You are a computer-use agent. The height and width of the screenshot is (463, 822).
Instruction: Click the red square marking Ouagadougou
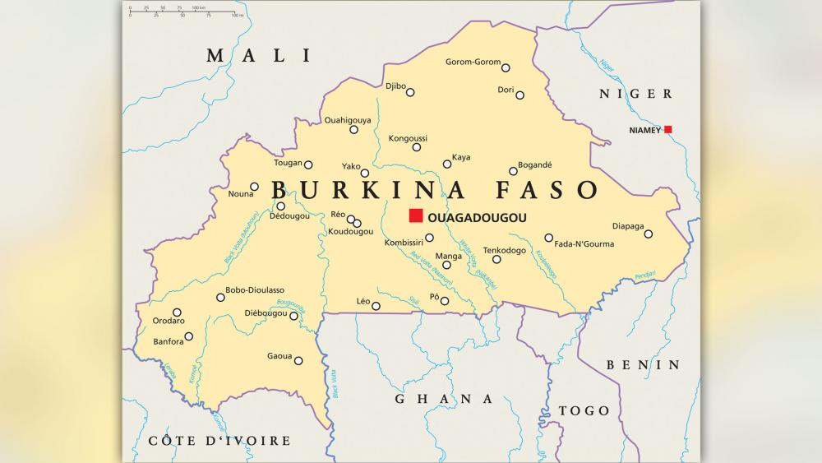pos(416,216)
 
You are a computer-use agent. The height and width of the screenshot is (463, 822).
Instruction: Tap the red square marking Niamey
pos(668,129)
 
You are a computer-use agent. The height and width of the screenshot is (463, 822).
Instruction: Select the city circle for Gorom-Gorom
pos(506,67)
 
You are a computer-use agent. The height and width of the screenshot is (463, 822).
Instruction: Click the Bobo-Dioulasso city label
pos(255,289)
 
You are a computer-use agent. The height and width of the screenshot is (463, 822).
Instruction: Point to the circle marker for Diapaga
pos(648,234)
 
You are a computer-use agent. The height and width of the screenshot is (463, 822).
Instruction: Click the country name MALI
pos(260,56)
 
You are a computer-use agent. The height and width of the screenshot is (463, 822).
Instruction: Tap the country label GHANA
pos(444,399)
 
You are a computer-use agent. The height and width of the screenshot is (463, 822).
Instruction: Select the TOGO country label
pos(584,410)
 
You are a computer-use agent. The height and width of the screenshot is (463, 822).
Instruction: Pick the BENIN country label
pos(643,364)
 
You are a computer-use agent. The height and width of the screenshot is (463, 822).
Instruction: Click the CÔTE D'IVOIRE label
pos(219,441)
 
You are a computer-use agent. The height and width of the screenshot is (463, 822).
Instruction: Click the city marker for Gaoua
pos(298,360)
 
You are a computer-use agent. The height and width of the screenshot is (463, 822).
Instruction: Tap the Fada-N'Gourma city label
pos(584,243)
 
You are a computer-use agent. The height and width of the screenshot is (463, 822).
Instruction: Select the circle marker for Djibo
pos(410,92)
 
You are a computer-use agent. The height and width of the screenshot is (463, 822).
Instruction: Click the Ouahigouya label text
pos(348,120)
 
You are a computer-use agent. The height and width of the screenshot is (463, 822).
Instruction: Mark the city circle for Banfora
pos(189,336)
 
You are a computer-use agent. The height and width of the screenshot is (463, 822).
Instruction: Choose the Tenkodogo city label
pos(504,250)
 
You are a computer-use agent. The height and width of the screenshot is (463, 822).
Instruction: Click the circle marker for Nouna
pos(254,187)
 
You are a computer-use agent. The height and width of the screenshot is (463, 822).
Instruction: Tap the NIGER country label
pos(635,94)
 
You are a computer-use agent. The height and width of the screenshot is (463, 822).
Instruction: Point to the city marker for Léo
pos(376,306)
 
